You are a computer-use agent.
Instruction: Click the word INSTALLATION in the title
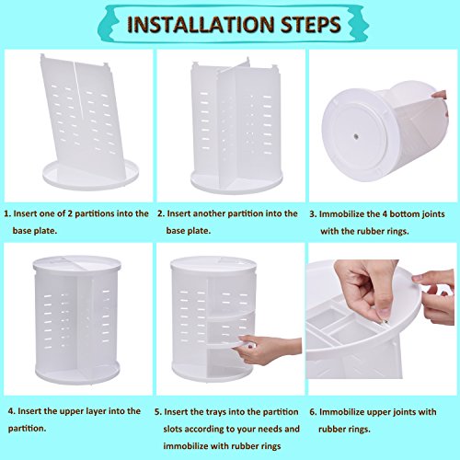pyautogui.click(x=200, y=25)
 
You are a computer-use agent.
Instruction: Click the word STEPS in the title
pyautogui.click(x=311, y=25)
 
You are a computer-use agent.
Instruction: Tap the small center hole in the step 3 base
pyautogui.click(x=356, y=136)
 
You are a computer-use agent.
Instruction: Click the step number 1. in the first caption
pyautogui.click(x=7, y=213)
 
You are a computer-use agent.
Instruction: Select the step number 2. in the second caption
pyautogui.click(x=161, y=213)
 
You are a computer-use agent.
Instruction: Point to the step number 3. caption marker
pyautogui.click(x=313, y=214)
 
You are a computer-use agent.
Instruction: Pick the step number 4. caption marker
pyautogui.click(x=11, y=411)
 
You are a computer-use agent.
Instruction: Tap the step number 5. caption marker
pyautogui.click(x=158, y=412)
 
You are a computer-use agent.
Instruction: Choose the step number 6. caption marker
pyautogui.click(x=313, y=412)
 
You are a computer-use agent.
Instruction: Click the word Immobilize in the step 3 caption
pyautogui.click(x=342, y=214)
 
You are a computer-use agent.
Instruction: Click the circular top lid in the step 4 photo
pyautogui.click(x=76, y=263)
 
